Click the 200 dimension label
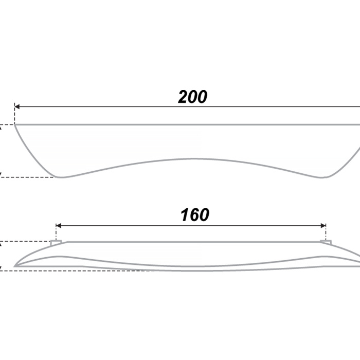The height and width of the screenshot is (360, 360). [193, 97]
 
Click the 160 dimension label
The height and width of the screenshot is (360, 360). [195, 215]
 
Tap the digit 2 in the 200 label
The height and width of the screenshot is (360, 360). [183, 97]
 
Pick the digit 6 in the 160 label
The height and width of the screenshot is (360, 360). [194, 215]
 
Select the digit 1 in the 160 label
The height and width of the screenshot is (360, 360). [185, 215]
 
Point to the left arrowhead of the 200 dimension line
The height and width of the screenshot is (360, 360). [17, 107]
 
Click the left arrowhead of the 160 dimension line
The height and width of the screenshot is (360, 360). [58, 226]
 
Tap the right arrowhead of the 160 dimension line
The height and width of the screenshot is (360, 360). [323, 226]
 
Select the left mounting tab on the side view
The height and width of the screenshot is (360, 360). [56, 243]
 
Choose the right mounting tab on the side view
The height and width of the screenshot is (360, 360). [326, 242]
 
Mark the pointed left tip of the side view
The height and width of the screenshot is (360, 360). [14, 266]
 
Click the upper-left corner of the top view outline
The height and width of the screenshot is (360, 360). [15, 124]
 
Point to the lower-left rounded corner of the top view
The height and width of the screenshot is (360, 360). [59, 177]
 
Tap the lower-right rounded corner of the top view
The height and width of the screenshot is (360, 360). [322, 177]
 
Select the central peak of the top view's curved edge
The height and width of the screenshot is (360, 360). [193, 158]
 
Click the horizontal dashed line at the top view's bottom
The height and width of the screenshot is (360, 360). [28, 177]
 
